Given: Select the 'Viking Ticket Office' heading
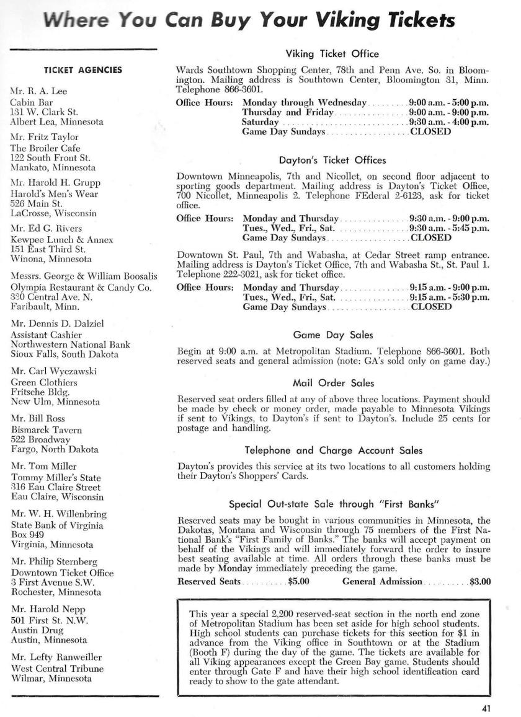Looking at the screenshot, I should click(x=332, y=54).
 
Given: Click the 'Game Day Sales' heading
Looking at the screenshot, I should click(x=332, y=335).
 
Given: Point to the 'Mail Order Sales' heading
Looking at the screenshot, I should click(x=332, y=383).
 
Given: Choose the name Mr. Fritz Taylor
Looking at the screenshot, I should click(x=40, y=137).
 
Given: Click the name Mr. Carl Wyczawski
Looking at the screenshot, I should click(x=49, y=371).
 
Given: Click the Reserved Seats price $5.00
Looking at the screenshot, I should click(x=299, y=582).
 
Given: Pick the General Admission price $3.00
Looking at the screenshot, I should click(x=480, y=582).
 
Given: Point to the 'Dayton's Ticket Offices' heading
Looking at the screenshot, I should click(x=332, y=161).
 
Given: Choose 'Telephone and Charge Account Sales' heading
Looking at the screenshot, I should click(x=332, y=451).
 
